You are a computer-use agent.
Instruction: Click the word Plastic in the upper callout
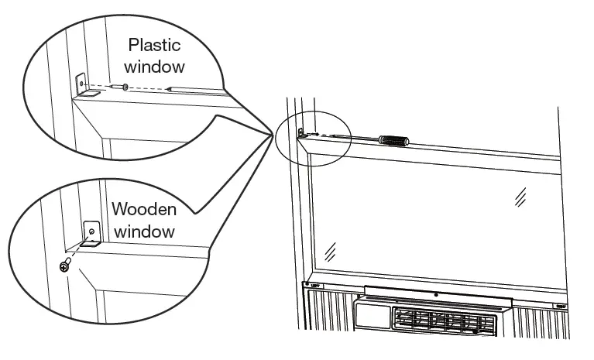(x=154, y=46)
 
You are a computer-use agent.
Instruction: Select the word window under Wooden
(x=144, y=231)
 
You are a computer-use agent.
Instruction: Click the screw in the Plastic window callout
(x=125, y=87)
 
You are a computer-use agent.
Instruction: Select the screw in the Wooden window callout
(x=66, y=266)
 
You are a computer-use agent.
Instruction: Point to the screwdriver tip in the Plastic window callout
(x=172, y=89)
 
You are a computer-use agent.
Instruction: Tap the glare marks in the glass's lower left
(x=331, y=250)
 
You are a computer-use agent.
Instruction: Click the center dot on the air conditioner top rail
(x=436, y=295)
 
